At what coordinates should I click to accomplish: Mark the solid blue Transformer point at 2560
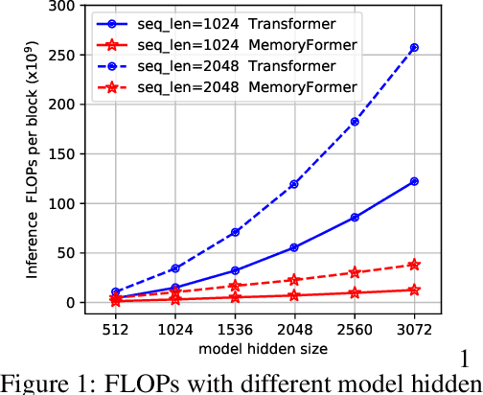pyautogui.click(x=355, y=218)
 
